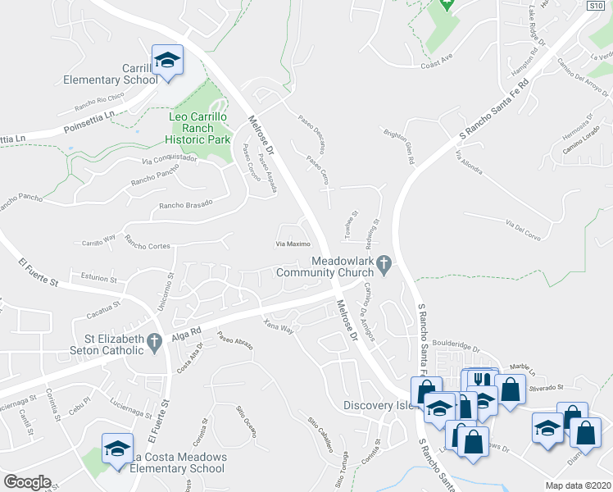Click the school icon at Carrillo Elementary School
(x=167, y=60)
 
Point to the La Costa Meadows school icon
(x=116, y=448)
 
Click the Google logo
(x=26, y=482)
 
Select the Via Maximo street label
(x=292, y=244)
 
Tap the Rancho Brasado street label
(x=185, y=204)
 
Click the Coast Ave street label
(x=436, y=61)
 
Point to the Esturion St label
(x=93, y=278)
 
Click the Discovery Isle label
(x=375, y=405)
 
